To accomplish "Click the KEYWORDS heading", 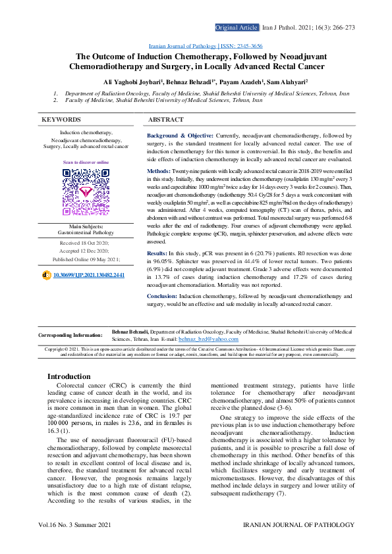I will click(61, 120).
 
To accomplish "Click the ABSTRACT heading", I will click(166, 120).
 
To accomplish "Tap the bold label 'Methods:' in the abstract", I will click(159, 170).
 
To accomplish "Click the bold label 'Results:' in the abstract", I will click(157, 253).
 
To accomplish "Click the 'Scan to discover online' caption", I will click(86, 161).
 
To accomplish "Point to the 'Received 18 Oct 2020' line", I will click(86, 243).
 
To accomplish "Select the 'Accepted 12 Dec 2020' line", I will click(86, 251).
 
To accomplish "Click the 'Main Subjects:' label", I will click(86, 226).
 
